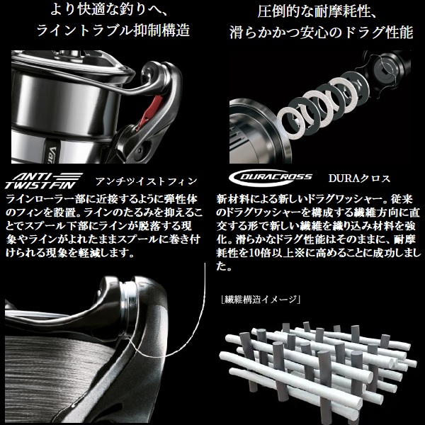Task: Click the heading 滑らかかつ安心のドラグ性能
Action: click(318, 32)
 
